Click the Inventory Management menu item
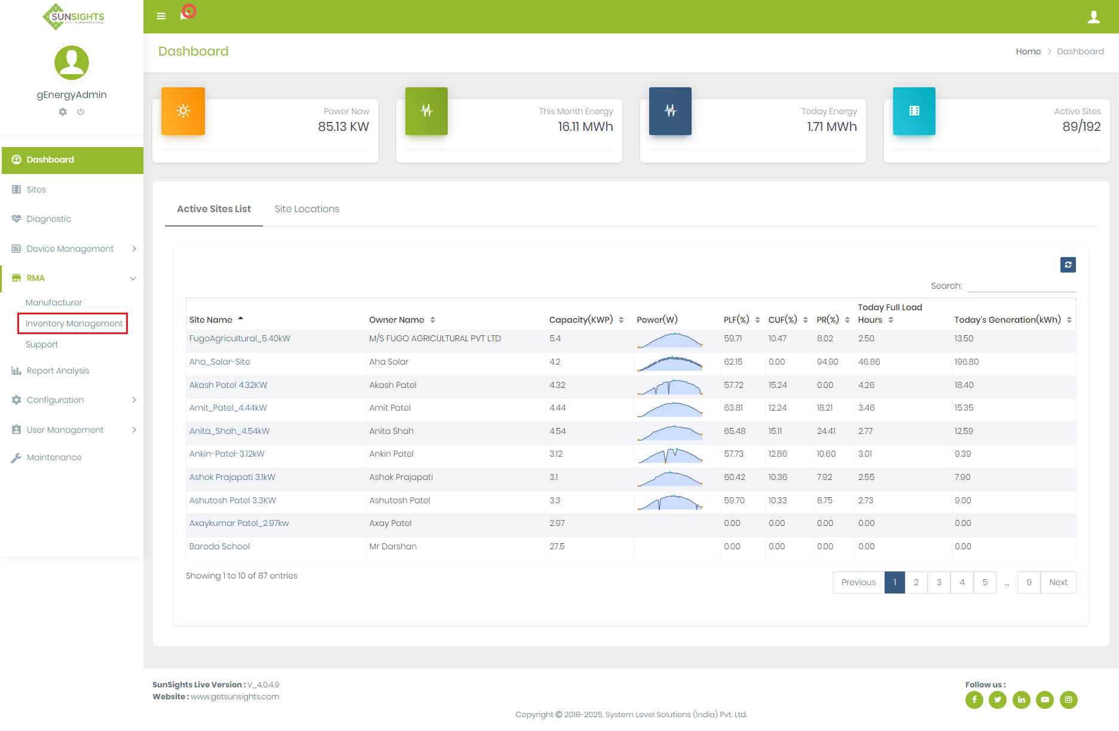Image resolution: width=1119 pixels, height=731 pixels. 74,323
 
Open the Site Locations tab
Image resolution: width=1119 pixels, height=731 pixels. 307,209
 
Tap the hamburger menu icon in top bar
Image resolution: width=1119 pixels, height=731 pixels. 161,16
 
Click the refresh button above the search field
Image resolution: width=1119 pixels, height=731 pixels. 1068,265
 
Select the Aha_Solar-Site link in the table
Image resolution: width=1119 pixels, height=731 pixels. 219,362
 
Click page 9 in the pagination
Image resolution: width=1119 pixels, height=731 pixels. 1029,582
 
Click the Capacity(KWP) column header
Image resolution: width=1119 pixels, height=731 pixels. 581,320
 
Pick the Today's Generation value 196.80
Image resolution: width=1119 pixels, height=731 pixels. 966,362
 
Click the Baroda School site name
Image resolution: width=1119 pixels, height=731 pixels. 219,546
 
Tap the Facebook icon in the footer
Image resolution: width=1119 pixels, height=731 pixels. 974,699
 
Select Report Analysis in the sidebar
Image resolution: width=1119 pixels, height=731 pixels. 57,371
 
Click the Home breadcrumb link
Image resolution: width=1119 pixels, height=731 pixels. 1028,51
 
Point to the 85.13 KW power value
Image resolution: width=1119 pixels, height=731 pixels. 343,127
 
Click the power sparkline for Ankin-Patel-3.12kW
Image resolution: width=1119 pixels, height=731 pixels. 670,455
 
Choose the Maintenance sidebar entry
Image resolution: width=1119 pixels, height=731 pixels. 54,457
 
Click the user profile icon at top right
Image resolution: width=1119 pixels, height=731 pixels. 1093,17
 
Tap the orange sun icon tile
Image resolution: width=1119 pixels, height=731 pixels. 183,111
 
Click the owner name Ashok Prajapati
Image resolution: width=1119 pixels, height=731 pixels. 400,477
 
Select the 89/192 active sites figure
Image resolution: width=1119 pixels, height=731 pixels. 1081,127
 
